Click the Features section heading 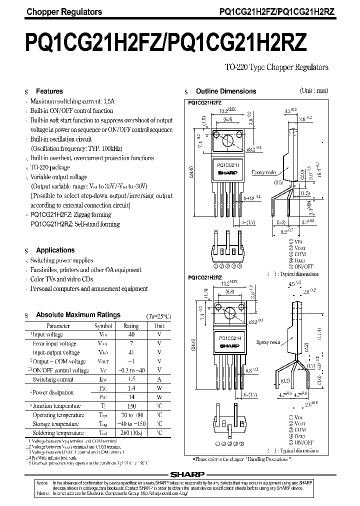(49, 91)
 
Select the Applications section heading (55, 250)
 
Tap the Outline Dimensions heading (225, 91)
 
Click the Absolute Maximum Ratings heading (78, 315)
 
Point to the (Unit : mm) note (314, 91)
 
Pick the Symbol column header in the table (103, 325)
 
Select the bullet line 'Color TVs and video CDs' (61, 279)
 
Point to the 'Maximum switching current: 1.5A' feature (72, 101)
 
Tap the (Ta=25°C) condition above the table (159, 316)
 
